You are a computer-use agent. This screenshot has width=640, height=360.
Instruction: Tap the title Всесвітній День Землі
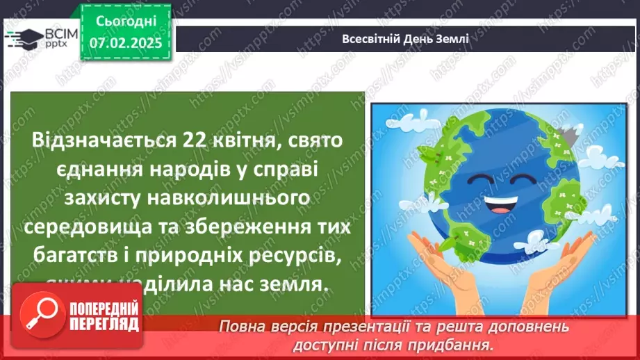tap(406, 39)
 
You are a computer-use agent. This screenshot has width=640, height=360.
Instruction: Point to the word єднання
tap(78, 169)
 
